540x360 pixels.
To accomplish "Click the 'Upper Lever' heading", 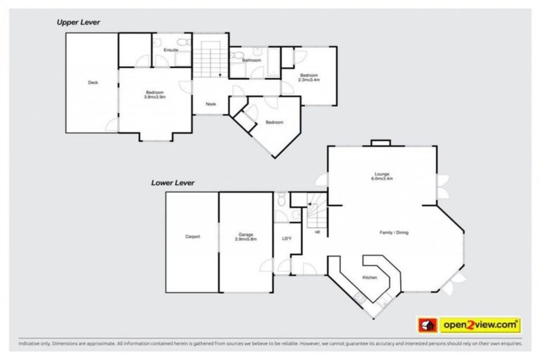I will click(78, 22).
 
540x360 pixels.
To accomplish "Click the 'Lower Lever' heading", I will click(172, 183).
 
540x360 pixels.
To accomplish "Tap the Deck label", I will click(93, 83).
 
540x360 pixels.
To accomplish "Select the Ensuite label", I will click(170, 51).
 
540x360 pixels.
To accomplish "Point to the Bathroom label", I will click(252, 60).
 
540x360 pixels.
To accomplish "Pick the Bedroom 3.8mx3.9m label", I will click(155, 95).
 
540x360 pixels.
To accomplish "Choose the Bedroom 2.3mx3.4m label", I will click(309, 77).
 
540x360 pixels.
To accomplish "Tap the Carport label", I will click(192, 236).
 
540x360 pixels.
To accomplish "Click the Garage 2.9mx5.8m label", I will click(245, 237).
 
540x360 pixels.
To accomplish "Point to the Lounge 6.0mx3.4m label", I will click(382, 176).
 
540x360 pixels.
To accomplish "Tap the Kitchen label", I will click(370, 278).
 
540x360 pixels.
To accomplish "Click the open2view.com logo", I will click(480, 324).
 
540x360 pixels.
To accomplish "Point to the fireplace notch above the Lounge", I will click(380, 143).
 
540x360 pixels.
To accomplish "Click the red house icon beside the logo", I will click(427, 324).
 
